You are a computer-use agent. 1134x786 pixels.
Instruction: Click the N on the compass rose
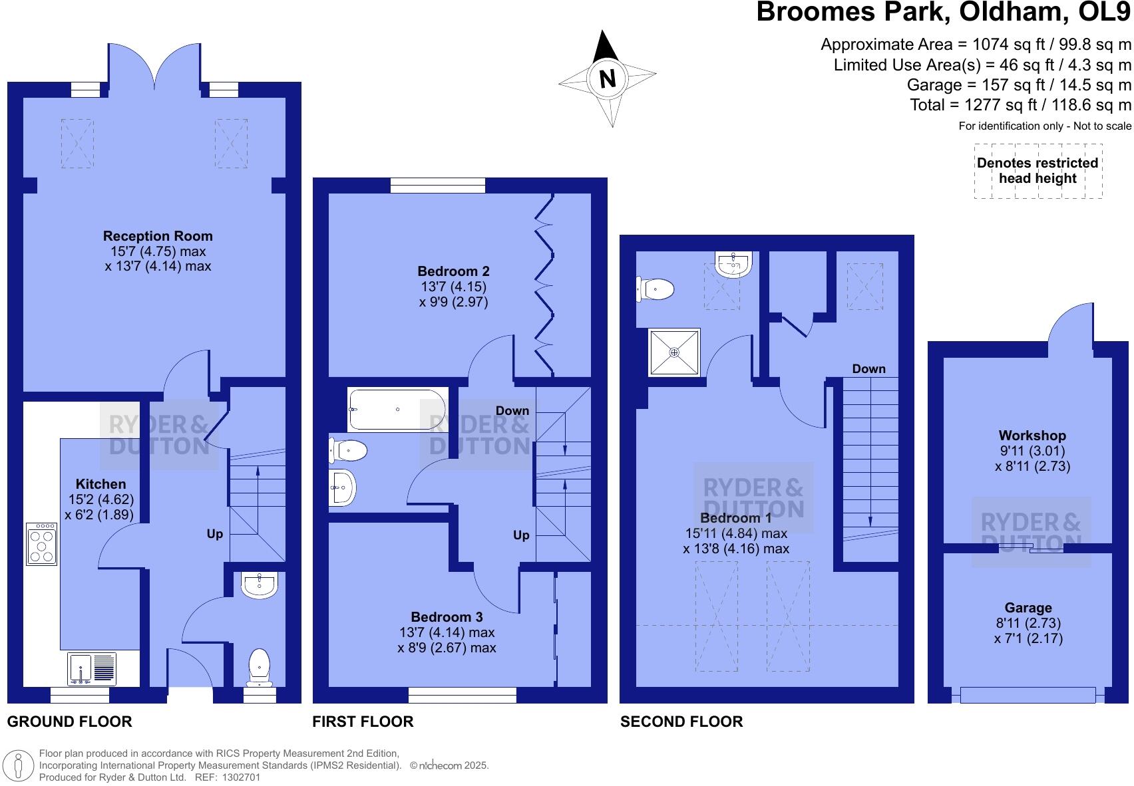coord(607,78)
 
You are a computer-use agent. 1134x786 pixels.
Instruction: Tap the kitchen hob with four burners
coord(41,544)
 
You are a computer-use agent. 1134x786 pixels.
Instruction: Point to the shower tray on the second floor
coord(674,352)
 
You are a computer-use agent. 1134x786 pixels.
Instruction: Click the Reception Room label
coord(158,236)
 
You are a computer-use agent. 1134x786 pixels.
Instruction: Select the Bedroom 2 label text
coord(453,271)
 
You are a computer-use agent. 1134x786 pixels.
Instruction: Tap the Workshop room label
coord(1032,436)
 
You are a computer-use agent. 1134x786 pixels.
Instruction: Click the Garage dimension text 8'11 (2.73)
coord(1028,623)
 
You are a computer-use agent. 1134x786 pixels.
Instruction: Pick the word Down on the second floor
coord(868,369)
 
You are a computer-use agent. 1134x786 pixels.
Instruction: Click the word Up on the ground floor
coord(214,534)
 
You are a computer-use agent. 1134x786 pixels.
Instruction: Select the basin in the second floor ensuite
coord(733,264)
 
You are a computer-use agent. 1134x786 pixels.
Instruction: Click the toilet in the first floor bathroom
coord(349,451)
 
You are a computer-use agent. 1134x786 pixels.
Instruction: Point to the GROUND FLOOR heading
coord(69,721)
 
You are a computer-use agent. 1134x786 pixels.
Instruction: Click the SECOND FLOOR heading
coord(681,721)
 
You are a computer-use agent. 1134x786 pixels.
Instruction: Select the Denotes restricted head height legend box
coord(1037,171)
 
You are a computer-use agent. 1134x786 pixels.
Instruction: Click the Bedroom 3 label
coord(447,617)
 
